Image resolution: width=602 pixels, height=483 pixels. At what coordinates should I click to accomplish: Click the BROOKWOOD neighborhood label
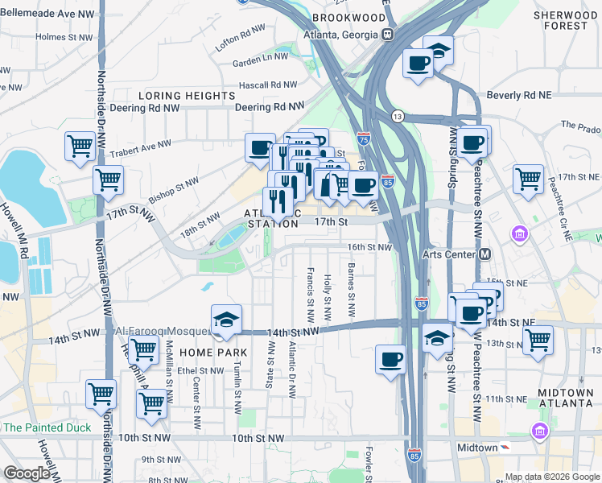(x=348, y=17)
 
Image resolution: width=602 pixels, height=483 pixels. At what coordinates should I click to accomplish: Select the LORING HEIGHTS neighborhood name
(x=186, y=96)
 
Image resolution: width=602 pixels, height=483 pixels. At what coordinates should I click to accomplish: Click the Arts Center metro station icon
(x=485, y=254)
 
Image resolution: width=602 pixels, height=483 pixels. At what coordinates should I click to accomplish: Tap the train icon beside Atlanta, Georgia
(x=388, y=34)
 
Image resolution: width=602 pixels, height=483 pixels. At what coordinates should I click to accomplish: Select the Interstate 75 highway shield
(x=365, y=139)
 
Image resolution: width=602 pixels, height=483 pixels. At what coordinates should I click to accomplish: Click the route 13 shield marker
(x=398, y=117)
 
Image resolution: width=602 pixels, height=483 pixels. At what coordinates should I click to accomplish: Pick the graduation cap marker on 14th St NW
(x=226, y=319)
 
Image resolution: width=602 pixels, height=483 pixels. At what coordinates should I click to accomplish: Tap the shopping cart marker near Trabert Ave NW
(x=80, y=147)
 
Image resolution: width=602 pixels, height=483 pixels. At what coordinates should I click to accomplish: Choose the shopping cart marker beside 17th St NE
(x=528, y=178)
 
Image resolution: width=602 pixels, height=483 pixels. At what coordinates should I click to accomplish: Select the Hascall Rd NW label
(x=267, y=85)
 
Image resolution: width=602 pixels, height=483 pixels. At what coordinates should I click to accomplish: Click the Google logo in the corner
(x=27, y=473)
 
